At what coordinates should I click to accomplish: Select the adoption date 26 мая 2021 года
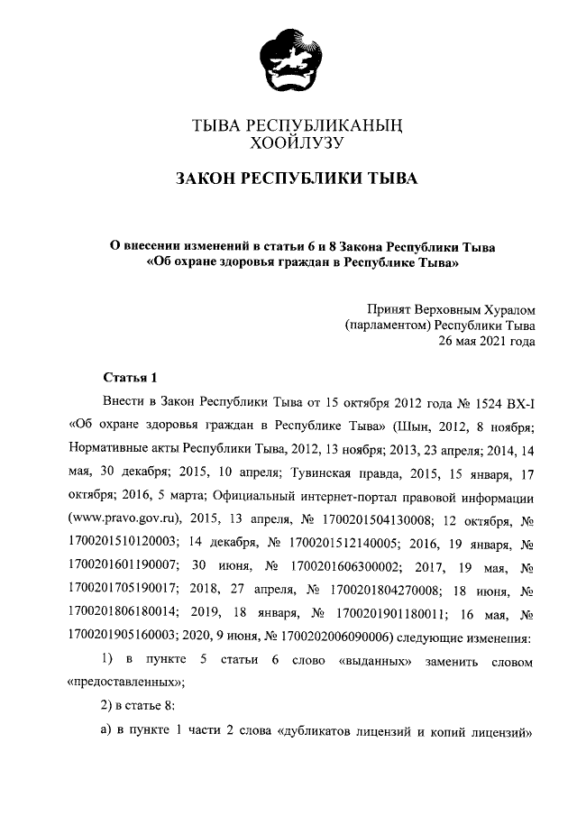click(486, 341)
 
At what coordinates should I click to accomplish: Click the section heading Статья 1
click(131, 377)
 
